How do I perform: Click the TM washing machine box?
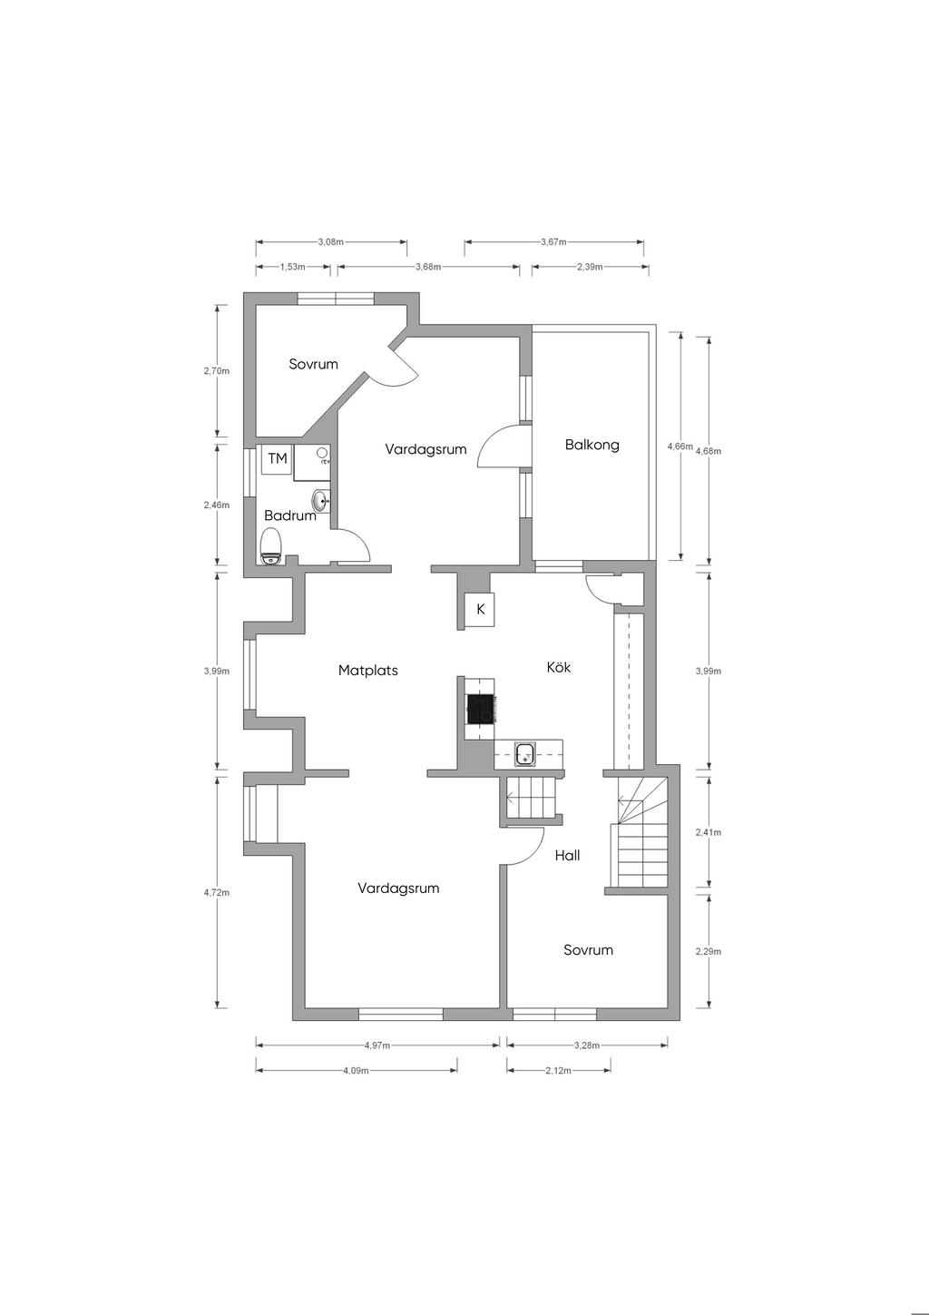click(x=278, y=458)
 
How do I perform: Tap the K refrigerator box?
click(x=480, y=609)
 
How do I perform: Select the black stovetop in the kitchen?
click(x=481, y=709)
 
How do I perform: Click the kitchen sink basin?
click(x=524, y=754)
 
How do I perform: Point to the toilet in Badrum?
click(x=271, y=546)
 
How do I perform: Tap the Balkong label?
click(x=592, y=445)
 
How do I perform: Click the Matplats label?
click(x=368, y=670)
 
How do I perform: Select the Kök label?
click(x=558, y=667)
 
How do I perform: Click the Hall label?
click(x=567, y=855)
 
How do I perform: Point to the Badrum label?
click(x=290, y=515)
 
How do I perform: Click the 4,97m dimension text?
click(x=377, y=1045)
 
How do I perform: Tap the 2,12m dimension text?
click(x=558, y=1070)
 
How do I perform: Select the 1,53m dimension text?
click(x=292, y=267)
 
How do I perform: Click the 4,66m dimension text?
click(x=680, y=447)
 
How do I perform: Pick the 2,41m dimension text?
click(x=708, y=832)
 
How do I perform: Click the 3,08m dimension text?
click(x=330, y=241)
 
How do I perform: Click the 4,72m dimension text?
click(x=216, y=892)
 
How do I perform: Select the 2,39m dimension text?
click(x=590, y=267)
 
